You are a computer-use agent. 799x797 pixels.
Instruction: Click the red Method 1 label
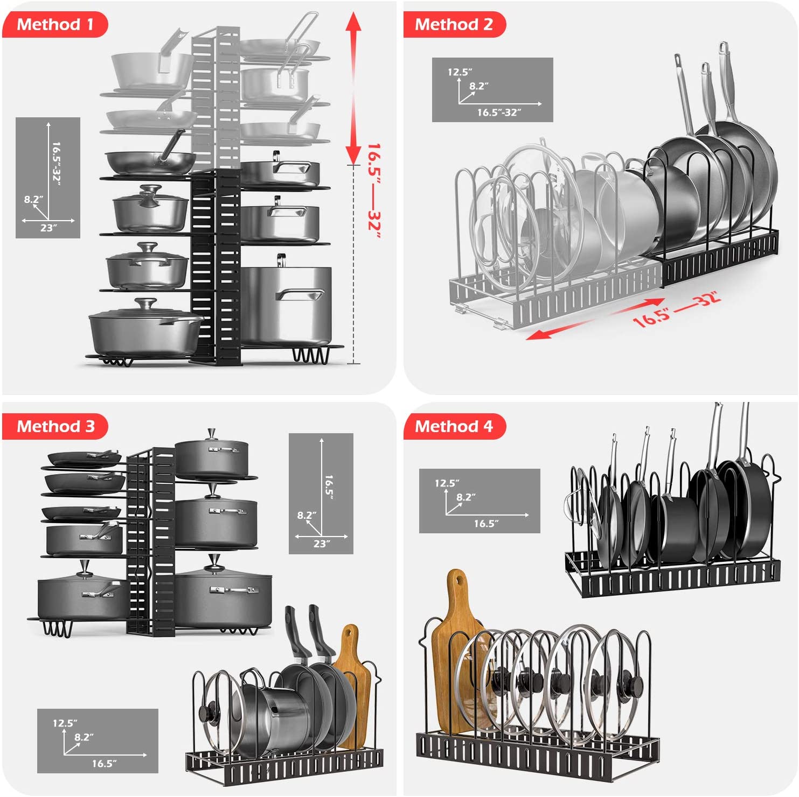[55, 25]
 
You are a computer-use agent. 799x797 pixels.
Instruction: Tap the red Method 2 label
[454, 25]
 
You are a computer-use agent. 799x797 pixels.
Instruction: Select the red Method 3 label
[55, 427]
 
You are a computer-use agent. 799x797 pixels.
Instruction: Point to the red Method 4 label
[454, 427]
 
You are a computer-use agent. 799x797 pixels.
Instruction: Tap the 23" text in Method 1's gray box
[48, 228]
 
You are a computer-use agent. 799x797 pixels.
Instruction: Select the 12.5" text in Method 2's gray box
[460, 72]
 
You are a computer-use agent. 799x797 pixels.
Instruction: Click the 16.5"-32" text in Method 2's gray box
[499, 112]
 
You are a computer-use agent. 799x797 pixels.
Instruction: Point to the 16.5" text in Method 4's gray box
[486, 524]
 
